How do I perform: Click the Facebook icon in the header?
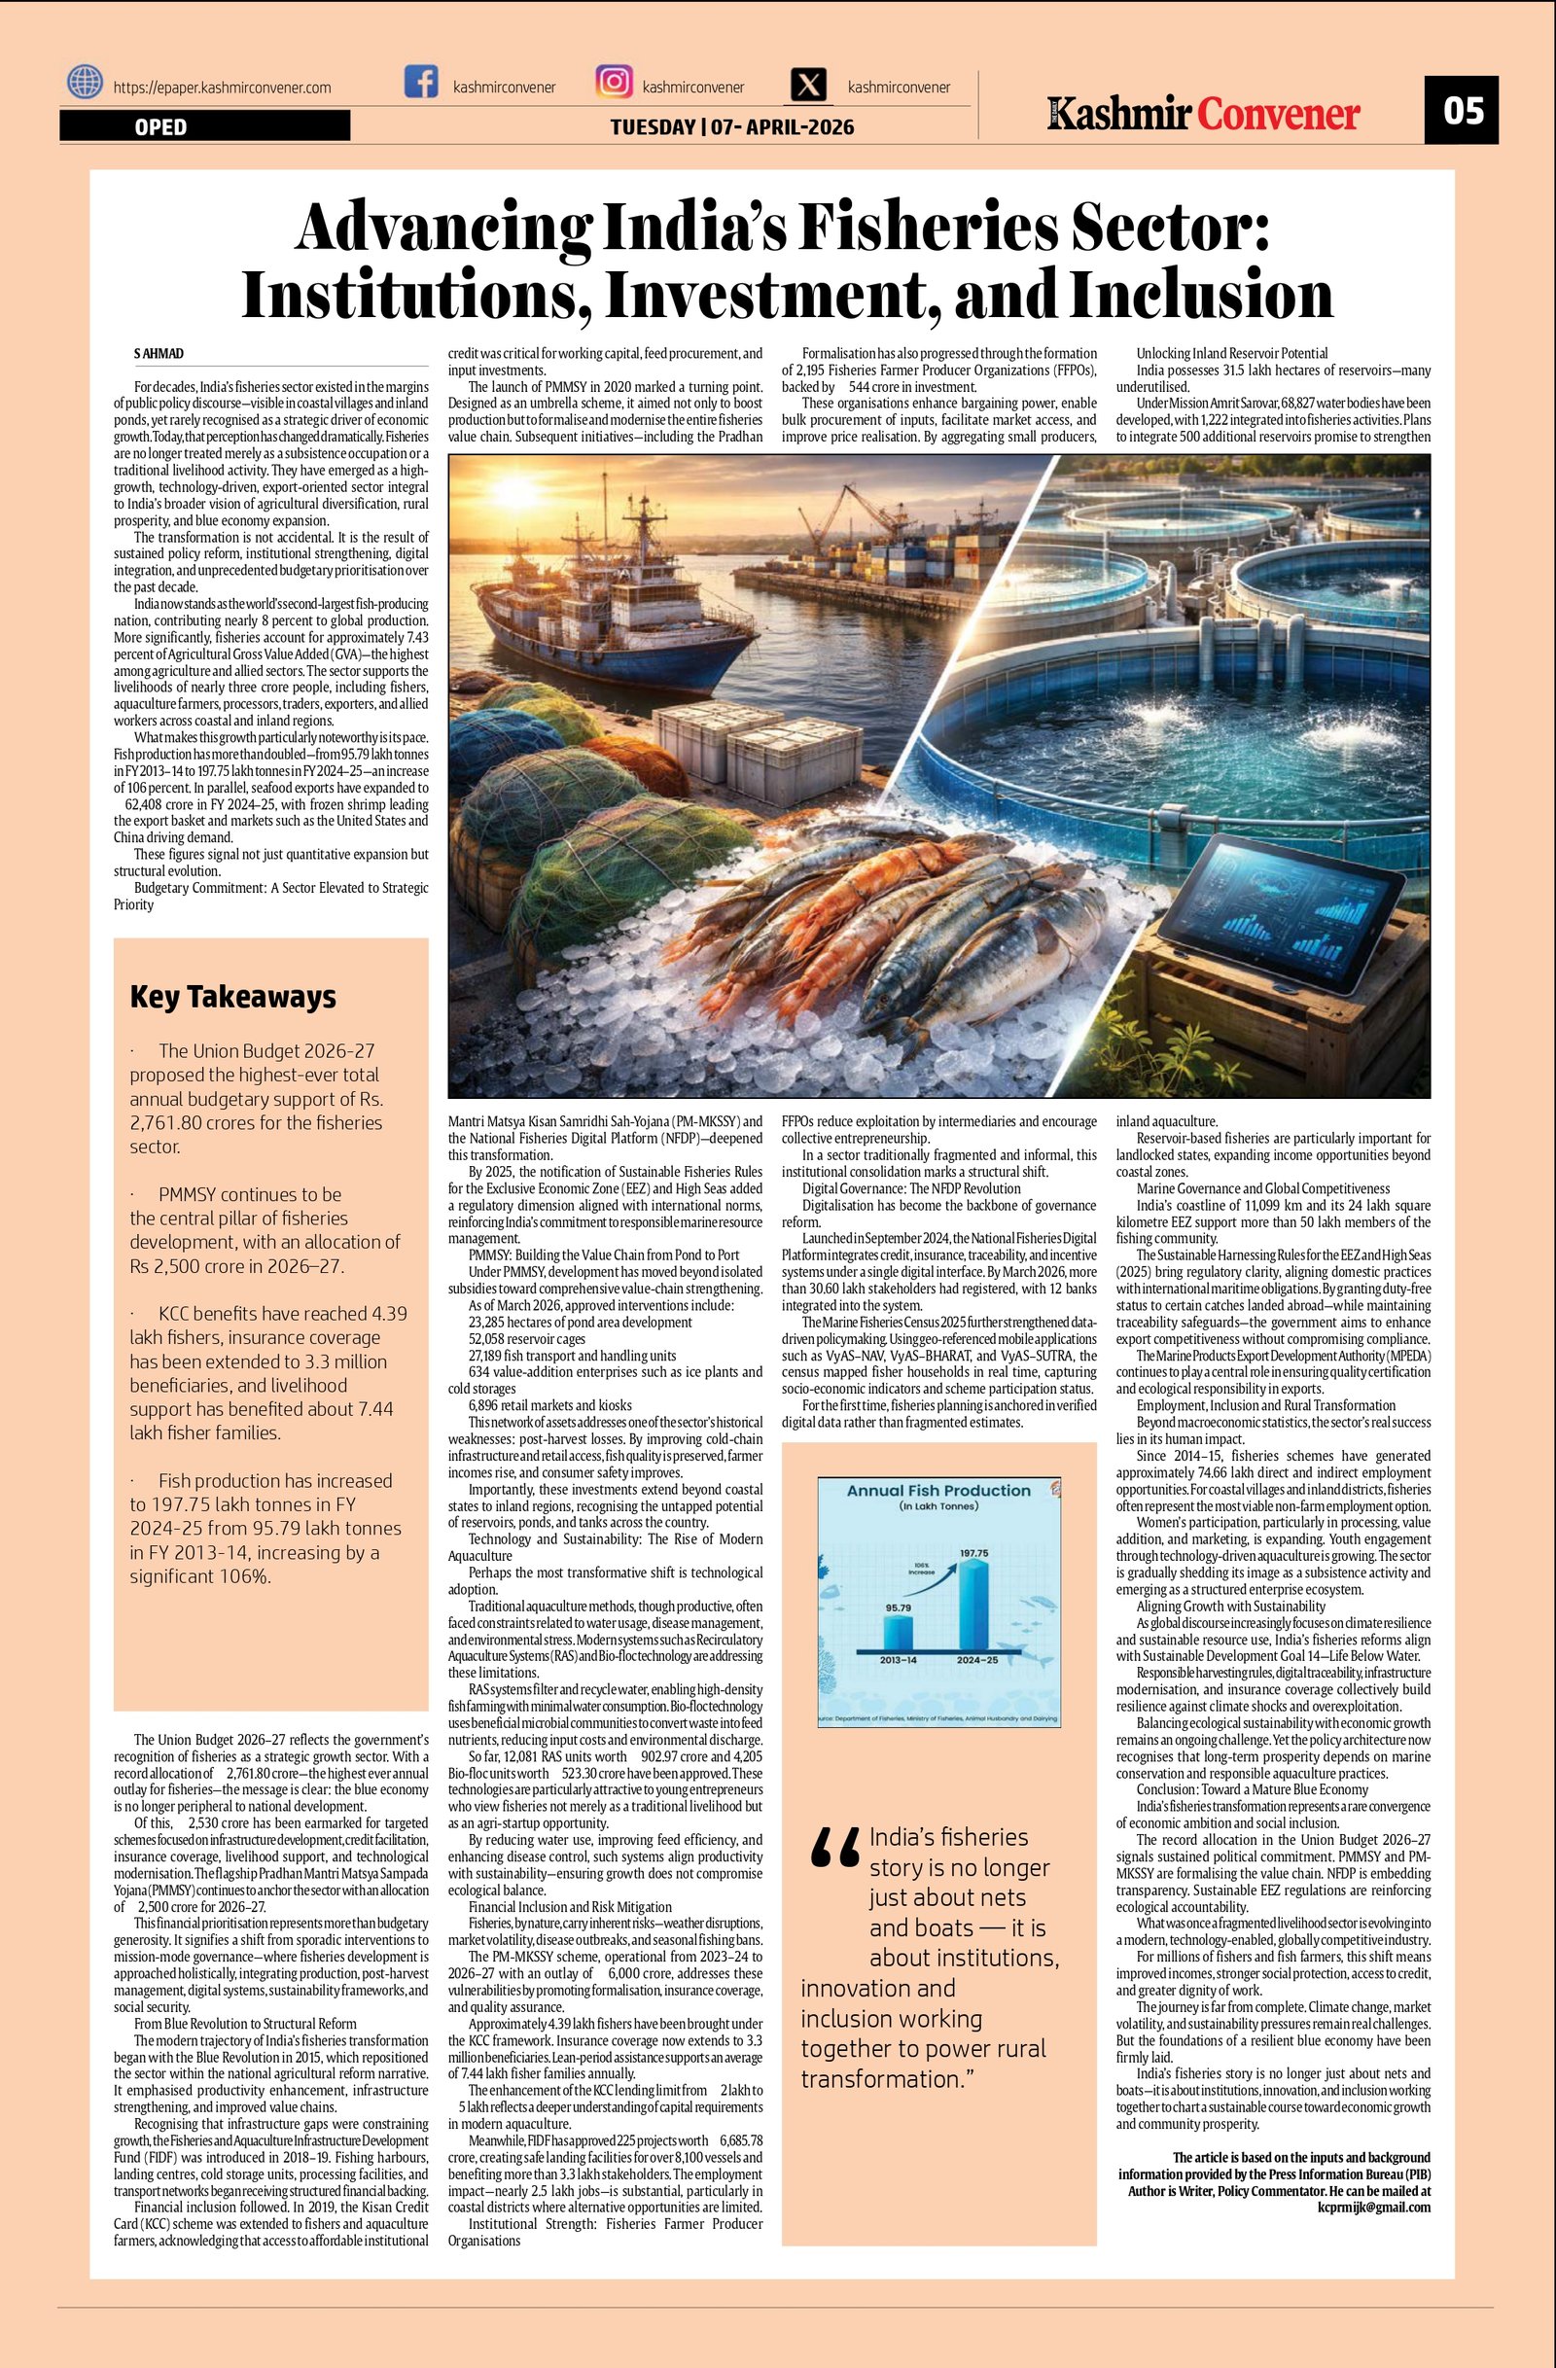tap(421, 82)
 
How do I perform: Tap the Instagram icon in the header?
tap(614, 82)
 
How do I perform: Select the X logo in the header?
tap(811, 85)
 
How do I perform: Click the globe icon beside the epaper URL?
tap(86, 82)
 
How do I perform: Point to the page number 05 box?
tap(1461, 110)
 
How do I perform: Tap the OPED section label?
tap(161, 126)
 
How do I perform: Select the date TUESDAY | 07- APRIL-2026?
tap(731, 127)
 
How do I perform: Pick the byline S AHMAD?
tap(159, 354)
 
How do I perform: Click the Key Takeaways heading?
tap(232, 997)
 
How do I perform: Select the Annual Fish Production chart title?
tap(938, 1491)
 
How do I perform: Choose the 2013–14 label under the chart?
tap(898, 1660)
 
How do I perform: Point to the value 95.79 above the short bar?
tap(898, 1607)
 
